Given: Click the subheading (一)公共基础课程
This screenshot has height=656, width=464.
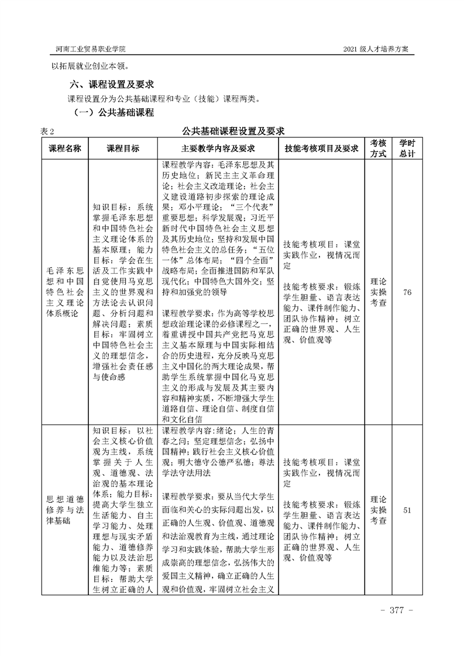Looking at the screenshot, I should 112,112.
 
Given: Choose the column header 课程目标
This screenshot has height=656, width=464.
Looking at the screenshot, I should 123,149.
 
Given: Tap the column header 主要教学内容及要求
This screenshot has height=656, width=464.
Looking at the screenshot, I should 219,149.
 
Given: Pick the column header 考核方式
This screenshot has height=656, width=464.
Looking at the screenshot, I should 378,149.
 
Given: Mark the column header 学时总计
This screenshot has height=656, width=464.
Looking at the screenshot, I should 407,149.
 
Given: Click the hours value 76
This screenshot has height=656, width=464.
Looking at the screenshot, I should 407,292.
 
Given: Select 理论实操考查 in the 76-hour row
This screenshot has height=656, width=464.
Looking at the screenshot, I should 378,292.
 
